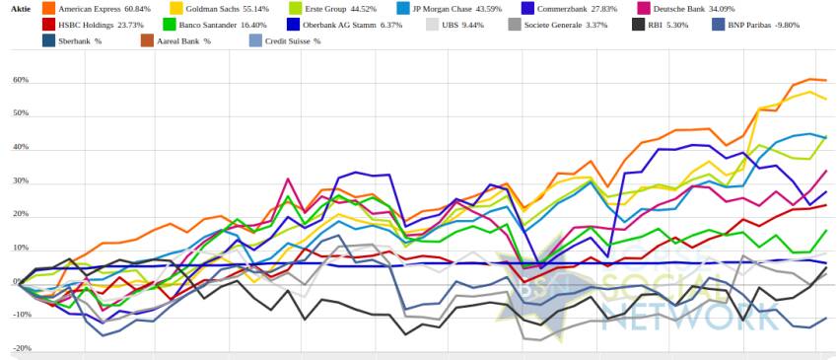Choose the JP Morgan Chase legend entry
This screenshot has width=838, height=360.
click(x=462, y=9)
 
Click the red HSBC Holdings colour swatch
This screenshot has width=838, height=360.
click(x=48, y=25)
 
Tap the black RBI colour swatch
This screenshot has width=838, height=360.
click(x=638, y=25)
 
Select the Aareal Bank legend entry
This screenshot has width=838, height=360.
click(x=183, y=41)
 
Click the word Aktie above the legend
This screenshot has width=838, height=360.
click(x=21, y=9)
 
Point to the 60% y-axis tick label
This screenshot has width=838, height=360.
click(x=22, y=81)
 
